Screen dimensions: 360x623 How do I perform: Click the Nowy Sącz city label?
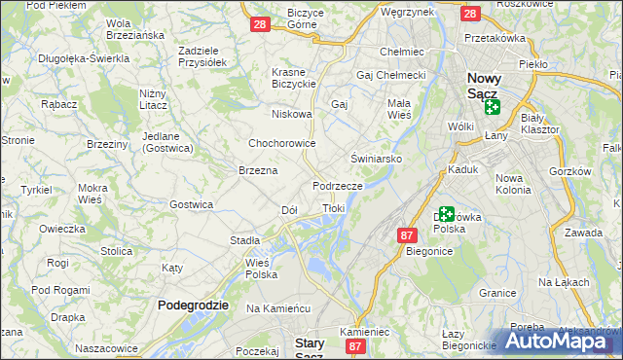(483, 86)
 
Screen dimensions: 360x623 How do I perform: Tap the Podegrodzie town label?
(193, 305)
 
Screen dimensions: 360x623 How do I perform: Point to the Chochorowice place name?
(282, 143)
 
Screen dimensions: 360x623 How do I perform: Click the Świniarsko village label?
(376, 158)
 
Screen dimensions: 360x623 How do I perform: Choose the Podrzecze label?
(338, 185)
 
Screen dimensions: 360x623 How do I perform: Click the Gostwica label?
(192, 204)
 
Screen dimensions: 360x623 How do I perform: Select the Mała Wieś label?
(400, 107)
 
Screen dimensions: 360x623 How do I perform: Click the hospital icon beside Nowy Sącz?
(492, 107)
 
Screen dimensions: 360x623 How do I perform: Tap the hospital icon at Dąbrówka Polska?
(446, 214)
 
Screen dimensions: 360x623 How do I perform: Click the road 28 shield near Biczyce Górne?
(259, 24)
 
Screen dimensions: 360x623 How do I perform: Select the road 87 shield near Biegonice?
(407, 234)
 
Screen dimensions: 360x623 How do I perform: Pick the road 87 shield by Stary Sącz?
(356, 345)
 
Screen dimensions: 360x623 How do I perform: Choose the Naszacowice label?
(107, 347)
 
